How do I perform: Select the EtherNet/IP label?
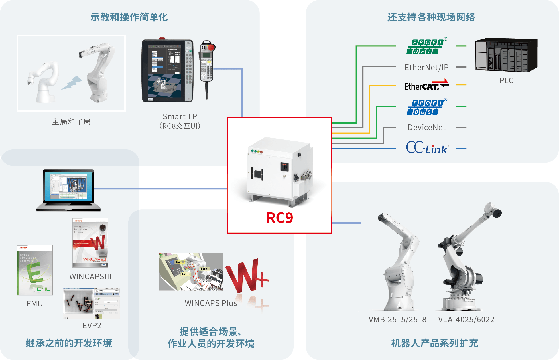click(x=426, y=67)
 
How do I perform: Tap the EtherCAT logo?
click(x=426, y=85)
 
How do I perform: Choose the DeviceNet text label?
click(x=426, y=127)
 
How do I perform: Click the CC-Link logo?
click(x=426, y=148)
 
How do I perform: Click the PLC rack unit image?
click(x=506, y=55)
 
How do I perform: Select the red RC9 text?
click(x=280, y=218)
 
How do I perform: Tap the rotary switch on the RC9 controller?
click(x=284, y=167)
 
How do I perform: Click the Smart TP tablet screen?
click(x=164, y=71)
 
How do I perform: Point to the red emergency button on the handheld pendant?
click(x=211, y=47)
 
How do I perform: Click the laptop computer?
click(x=69, y=190)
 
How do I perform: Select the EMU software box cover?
click(x=35, y=270)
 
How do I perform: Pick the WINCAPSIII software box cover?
click(x=90, y=243)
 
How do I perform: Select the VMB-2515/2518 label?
click(x=397, y=319)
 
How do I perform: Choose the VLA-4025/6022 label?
click(x=466, y=319)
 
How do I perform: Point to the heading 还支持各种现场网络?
click(x=431, y=17)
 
